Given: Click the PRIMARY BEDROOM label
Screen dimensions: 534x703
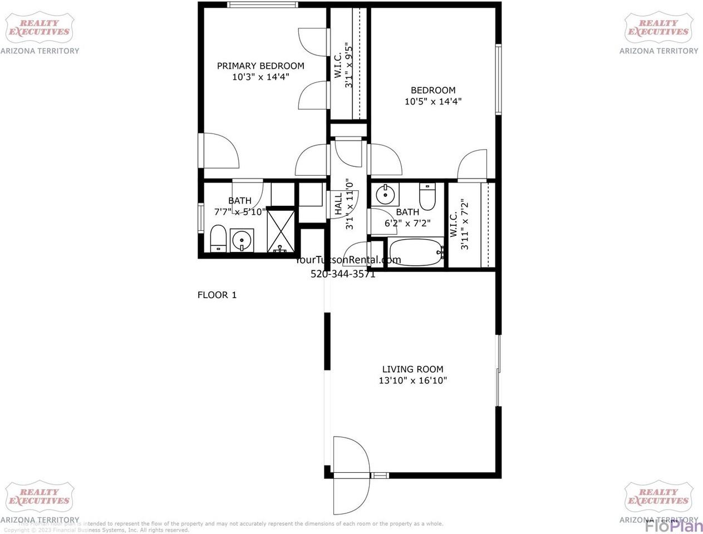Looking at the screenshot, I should (260, 66).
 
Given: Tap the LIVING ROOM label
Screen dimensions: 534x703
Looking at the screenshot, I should (412, 369).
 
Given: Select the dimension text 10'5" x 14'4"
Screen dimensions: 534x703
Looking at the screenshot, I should (433, 101).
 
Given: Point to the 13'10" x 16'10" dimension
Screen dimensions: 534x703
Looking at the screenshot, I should (412, 380).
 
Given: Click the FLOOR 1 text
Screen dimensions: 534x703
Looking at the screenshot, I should (217, 295).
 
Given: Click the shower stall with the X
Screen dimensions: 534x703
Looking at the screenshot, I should (283, 231).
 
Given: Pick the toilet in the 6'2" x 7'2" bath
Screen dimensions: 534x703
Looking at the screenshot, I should (427, 197).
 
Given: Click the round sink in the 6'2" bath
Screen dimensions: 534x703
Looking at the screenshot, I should (385, 195).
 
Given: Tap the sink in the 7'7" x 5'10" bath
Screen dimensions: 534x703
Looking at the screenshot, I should (242, 240).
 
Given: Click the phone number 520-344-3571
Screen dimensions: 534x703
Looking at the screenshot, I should (342, 274).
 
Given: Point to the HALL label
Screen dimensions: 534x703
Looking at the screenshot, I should (338, 204).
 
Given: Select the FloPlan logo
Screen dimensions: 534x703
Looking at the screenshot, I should (673, 525).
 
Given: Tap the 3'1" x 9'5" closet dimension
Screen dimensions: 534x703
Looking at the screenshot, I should (349, 65).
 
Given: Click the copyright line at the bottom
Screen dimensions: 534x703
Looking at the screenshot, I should (96, 530).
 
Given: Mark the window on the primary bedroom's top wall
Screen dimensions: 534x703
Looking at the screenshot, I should (261, 6).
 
